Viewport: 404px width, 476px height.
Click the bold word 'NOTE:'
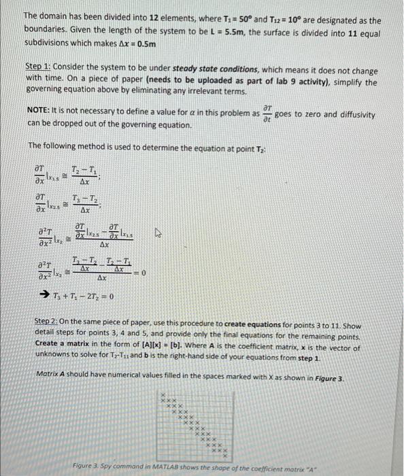pos(41,110)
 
